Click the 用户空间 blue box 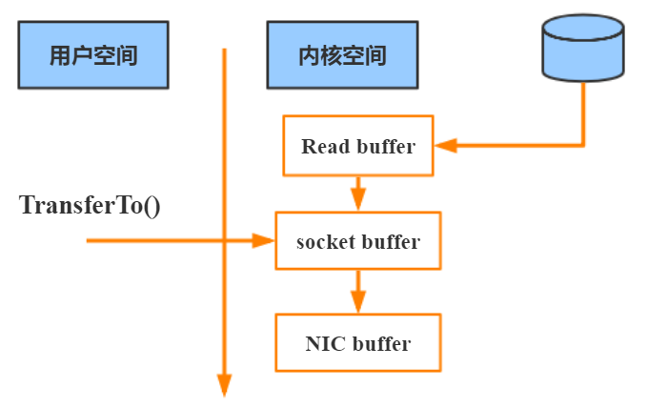tap(92, 55)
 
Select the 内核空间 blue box tap(342, 55)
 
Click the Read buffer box tap(358, 146)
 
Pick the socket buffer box tap(358, 241)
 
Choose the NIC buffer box tap(358, 342)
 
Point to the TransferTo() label tap(90, 205)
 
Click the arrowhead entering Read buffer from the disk tap(445, 146)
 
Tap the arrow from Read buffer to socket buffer tap(358, 194)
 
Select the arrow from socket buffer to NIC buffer tap(358, 292)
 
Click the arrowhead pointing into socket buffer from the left tap(264, 241)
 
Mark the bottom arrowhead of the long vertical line tap(224, 385)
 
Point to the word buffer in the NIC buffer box tap(381, 343)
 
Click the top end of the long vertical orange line tap(224, 50)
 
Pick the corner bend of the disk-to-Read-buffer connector tap(581, 146)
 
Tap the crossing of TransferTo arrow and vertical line tap(224, 241)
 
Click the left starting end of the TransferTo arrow tap(89, 241)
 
